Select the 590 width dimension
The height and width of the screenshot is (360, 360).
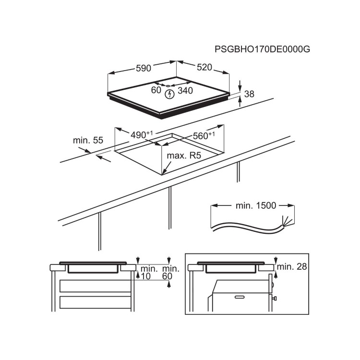[x=143, y=69]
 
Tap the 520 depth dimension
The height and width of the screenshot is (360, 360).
[x=204, y=68]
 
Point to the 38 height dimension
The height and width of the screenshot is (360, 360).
[x=249, y=95]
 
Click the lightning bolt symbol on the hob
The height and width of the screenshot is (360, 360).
[x=169, y=94]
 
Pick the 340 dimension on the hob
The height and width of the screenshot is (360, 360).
[x=185, y=90]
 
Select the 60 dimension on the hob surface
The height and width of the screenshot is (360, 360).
[x=156, y=90]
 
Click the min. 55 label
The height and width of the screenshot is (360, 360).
[x=88, y=141]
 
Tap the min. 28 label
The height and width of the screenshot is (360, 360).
[x=292, y=266]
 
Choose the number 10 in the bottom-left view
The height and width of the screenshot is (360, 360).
[x=146, y=276]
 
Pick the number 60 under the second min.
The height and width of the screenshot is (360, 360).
[x=167, y=276]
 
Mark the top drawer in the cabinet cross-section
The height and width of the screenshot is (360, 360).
[x=95, y=286]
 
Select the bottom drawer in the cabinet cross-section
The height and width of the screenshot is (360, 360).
[x=95, y=302]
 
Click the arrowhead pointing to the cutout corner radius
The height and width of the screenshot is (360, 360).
[x=164, y=172]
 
